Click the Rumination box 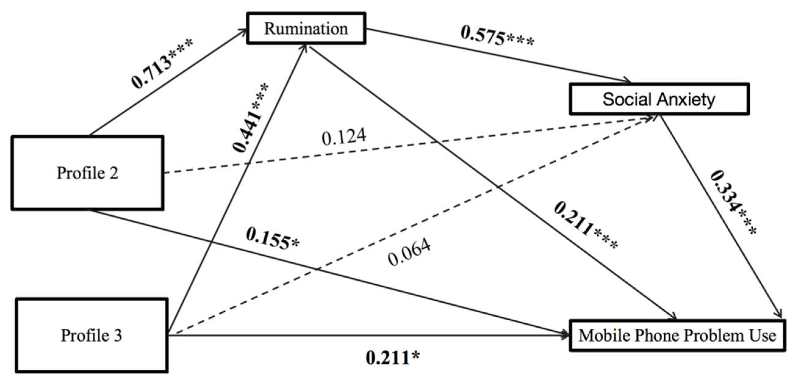(x=306, y=28)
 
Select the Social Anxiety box (x=659, y=99)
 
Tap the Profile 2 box (x=87, y=173)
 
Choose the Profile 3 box (x=92, y=335)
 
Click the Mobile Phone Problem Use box (x=677, y=336)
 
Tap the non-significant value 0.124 (x=344, y=137)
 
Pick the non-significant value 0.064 (x=409, y=252)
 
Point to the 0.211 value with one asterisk (x=393, y=358)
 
